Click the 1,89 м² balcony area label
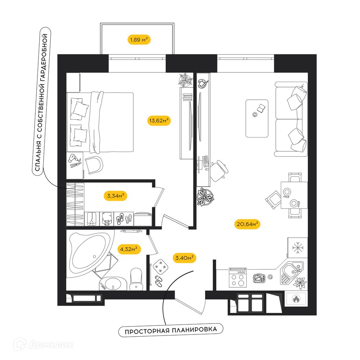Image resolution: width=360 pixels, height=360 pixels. [139, 40]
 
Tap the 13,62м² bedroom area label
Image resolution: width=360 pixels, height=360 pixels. [159, 120]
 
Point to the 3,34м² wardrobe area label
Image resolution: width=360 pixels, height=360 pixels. [116, 196]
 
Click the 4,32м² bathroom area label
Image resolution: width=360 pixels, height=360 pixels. [129, 249]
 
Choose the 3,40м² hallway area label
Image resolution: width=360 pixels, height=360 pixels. [184, 258]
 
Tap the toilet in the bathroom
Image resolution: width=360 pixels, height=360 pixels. [136, 279]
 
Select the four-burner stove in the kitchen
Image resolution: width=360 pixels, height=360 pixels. [238, 279]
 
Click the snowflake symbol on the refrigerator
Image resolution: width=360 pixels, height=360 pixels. [298, 248]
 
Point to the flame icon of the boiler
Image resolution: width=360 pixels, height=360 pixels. [296, 299]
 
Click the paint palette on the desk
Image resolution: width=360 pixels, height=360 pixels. [203, 84]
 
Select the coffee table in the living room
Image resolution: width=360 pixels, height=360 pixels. [257, 118]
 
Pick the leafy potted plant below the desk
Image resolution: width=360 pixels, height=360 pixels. [205, 197]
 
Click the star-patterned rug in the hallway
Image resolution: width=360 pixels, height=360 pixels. [161, 266]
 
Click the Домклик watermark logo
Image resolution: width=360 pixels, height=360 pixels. [44, 345]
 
